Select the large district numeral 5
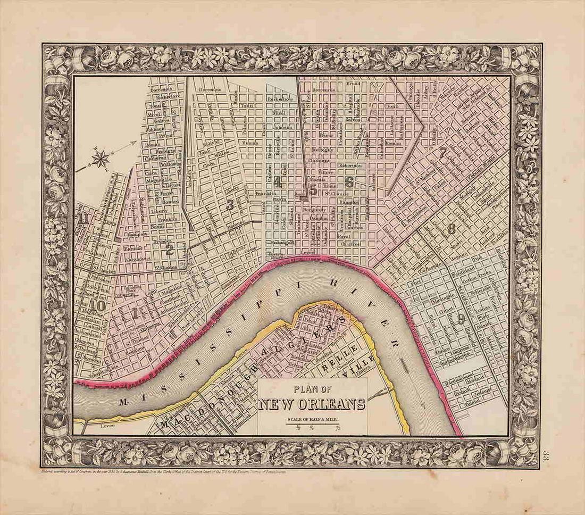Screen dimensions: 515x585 click(314, 188)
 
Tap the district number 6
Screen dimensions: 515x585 click(349, 182)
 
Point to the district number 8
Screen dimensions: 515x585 click(451, 230)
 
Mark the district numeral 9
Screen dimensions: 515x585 click(461, 319)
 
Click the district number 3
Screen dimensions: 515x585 click(230, 205)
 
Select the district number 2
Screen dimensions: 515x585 click(170, 249)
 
